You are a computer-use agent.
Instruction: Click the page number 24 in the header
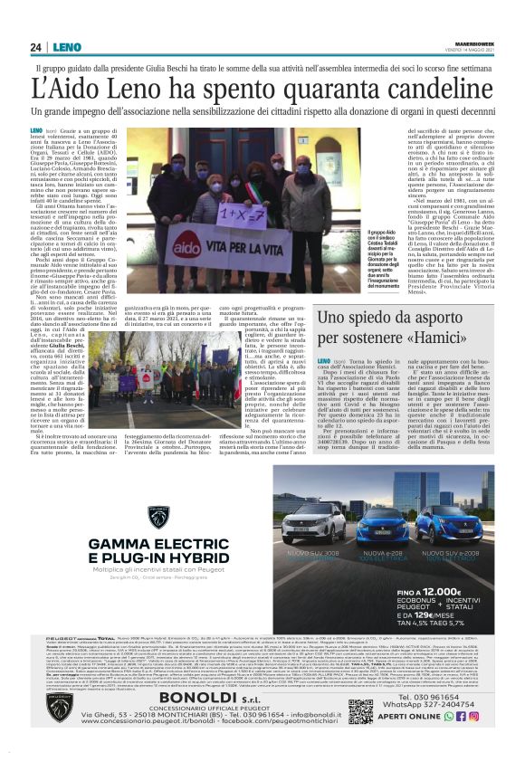pos(36,47)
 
